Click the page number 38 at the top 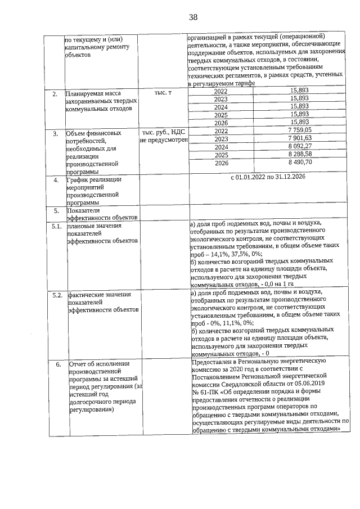193,17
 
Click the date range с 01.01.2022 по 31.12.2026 268,178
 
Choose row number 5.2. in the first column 56,295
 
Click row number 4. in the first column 56,181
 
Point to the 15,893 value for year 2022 299,91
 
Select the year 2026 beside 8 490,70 221,163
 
